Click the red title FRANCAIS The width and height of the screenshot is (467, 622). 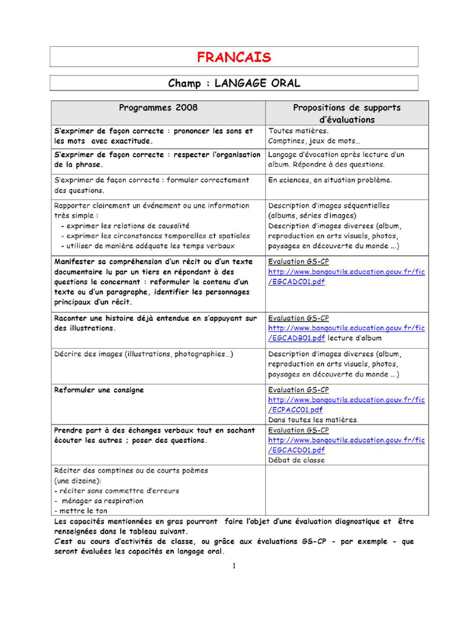[x=233, y=57]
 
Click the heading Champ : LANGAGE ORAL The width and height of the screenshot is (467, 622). [x=233, y=83]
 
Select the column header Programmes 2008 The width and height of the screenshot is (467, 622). [x=158, y=108]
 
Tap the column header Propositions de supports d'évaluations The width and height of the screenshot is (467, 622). [x=347, y=114]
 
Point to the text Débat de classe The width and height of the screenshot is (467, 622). [x=297, y=460]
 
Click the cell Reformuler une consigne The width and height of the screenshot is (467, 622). [x=99, y=390]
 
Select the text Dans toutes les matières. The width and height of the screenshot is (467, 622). [x=313, y=420]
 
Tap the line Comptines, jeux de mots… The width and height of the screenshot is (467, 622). [x=314, y=141]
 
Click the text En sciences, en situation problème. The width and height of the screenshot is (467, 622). [x=330, y=180]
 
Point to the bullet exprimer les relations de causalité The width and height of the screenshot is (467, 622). [x=128, y=225]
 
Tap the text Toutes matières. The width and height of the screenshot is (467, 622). [x=299, y=131]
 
